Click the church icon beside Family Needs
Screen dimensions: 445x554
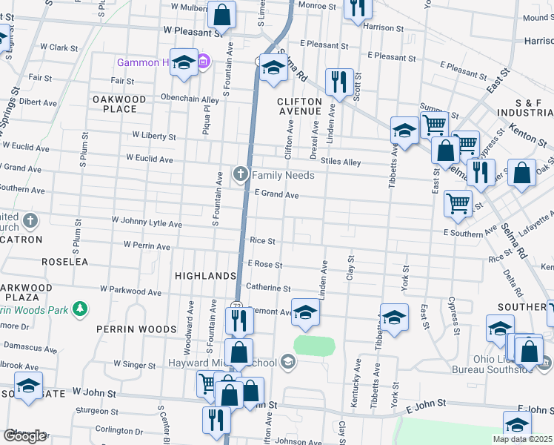pyautogui.click(x=240, y=175)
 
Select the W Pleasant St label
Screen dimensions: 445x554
pyautogui.click(x=193, y=33)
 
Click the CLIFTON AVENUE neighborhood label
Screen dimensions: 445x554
pyautogui.click(x=299, y=106)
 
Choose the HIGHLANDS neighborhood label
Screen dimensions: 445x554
pyautogui.click(x=205, y=276)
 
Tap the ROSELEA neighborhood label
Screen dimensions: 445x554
pyautogui.click(x=64, y=262)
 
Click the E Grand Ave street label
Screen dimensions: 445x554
pyautogui.click(x=276, y=195)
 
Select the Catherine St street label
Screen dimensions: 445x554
pyautogui.click(x=268, y=288)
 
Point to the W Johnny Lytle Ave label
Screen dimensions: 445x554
pyautogui.click(x=146, y=222)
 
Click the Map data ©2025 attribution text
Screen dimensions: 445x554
pyautogui.click(x=522, y=439)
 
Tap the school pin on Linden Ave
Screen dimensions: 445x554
pyautogui.click(x=304, y=311)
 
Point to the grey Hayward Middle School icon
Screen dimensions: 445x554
pyautogui.click(x=287, y=362)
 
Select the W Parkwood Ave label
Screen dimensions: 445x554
pyautogui.click(x=133, y=293)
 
